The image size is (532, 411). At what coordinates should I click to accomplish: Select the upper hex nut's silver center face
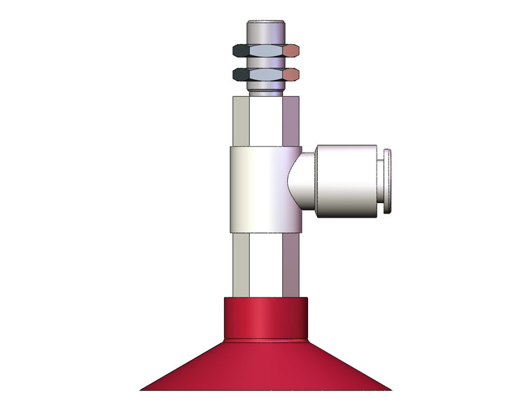tap(266, 51)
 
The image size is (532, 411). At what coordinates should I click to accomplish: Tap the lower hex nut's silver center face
tap(266, 74)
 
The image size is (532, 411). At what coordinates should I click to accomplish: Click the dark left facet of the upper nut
tap(240, 51)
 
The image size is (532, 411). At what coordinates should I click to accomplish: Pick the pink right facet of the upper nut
tap(292, 51)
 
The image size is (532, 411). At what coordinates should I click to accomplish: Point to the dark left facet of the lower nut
tap(240, 74)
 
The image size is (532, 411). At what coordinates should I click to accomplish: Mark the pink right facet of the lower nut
tap(292, 74)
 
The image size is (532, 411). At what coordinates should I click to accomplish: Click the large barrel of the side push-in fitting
tap(346, 181)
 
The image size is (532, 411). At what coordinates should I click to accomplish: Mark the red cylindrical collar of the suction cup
tap(266, 318)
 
